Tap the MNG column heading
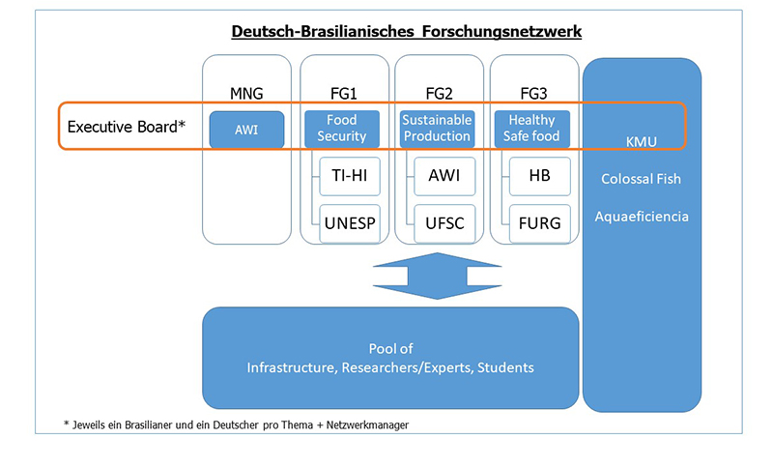[x=247, y=94]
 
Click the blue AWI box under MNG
[x=246, y=130]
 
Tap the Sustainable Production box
[x=437, y=129]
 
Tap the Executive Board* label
[x=127, y=127]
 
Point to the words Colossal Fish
[x=642, y=179]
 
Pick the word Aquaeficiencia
[x=642, y=217]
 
